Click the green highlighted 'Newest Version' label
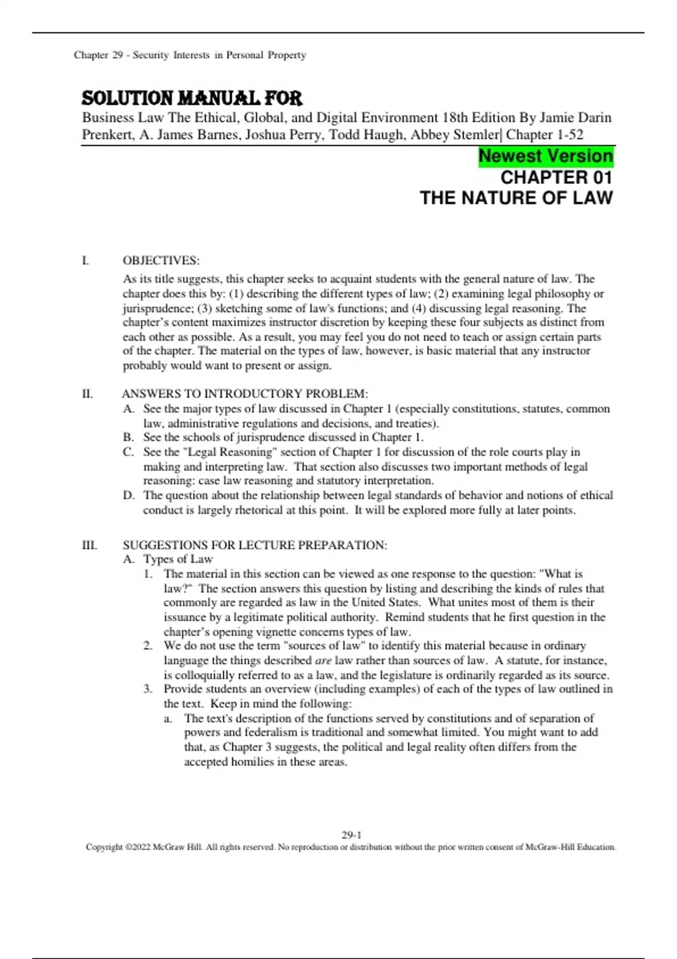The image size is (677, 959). click(546, 156)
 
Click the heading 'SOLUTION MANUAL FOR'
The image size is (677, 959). click(192, 99)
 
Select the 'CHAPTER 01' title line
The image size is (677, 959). click(556, 178)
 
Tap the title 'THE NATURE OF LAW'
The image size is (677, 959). click(516, 198)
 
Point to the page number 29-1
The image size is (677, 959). click(351, 835)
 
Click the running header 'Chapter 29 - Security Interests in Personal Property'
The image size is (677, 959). click(190, 55)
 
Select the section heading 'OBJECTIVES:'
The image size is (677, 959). click(161, 261)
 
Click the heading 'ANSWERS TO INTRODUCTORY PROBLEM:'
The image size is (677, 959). click(245, 394)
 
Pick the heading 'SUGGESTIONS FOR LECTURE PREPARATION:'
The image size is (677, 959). click(255, 545)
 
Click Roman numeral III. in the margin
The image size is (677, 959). click(89, 545)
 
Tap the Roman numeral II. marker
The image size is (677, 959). click(87, 394)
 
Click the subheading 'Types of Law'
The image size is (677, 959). click(178, 559)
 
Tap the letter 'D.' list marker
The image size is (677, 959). click(129, 495)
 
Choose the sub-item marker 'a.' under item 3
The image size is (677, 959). click(168, 719)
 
